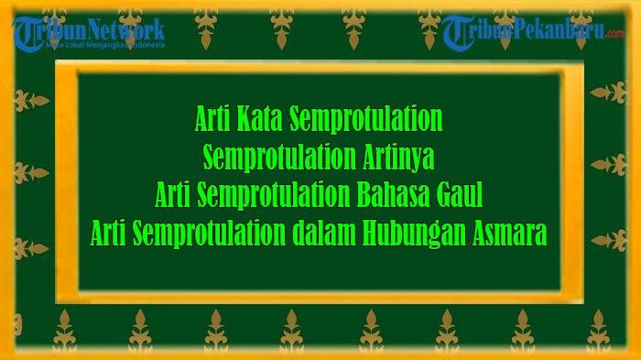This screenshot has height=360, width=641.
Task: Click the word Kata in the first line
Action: tap(261, 118)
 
